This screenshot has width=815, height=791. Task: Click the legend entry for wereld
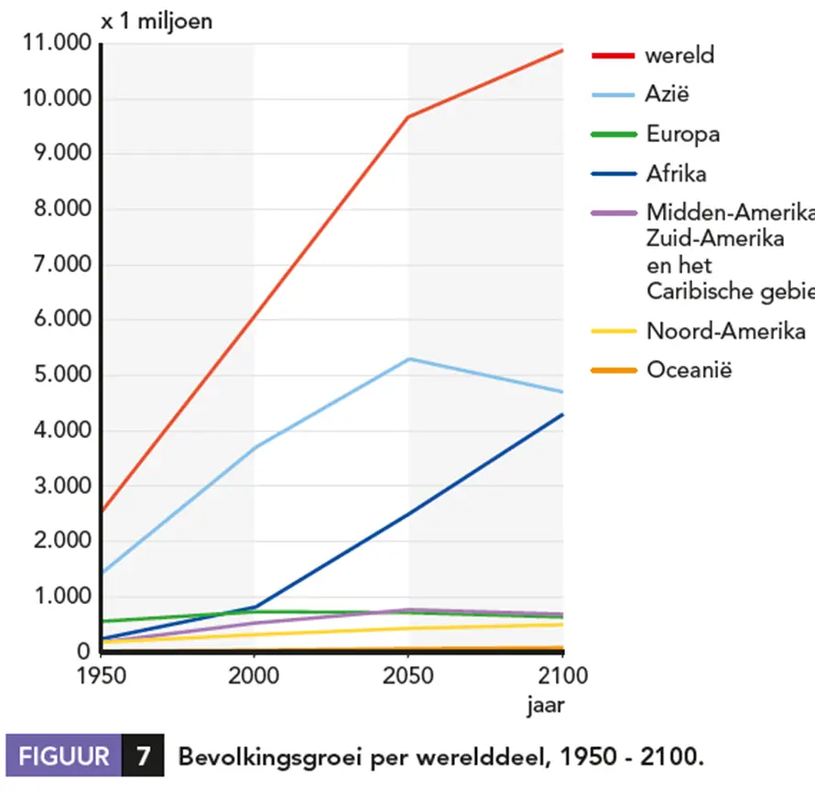point(679,55)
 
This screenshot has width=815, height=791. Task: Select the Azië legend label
point(668,94)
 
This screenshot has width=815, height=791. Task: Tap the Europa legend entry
point(682,135)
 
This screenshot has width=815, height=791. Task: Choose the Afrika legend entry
point(676,174)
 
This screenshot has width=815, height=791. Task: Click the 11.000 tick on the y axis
point(58,44)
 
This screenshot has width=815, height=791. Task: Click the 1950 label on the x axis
point(101,677)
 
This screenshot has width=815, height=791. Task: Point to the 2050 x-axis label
point(408,677)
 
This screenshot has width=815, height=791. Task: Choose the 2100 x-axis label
point(561,677)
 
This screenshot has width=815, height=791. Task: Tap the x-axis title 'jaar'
point(544,707)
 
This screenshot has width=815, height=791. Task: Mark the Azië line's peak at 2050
point(408,358)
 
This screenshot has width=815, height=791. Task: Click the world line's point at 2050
point(408,117)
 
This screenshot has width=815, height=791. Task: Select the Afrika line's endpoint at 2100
point(562,414)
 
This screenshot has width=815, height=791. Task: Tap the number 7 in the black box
point(143,757)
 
